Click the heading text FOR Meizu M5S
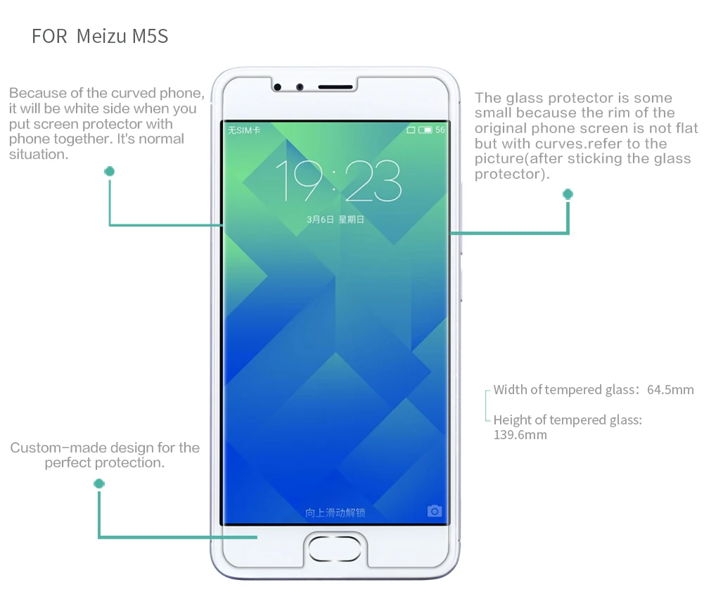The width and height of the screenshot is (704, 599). tap(100, 37)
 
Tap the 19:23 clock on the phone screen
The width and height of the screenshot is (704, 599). tap(338, 181)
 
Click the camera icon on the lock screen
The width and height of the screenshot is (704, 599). tap(435, 511)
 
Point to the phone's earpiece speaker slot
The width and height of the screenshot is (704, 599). tap(335, 87)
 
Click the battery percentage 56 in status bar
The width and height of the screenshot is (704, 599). tap(440, 130)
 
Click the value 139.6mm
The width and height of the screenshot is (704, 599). tap(520, 435)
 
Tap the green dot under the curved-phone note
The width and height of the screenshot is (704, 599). tap(109, 172)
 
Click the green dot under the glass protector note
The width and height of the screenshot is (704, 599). tap(568, 194)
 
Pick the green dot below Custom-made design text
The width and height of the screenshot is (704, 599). tap(99, 484)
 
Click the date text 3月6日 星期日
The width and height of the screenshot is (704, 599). tap(335, 220)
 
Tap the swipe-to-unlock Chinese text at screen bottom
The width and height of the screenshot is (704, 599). tap(335, 512)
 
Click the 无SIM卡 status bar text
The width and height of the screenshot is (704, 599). tap(243, 130)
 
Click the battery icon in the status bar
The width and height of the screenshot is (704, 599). tap(425, 130)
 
